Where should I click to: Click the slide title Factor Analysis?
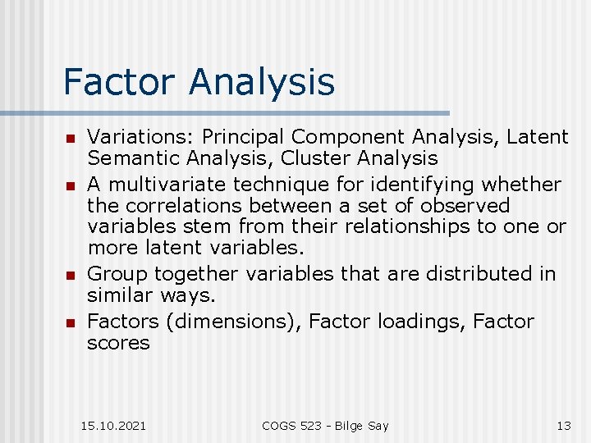[x=199, y=82]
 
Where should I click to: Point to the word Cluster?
[x=312, y=158]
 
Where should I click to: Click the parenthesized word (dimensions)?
[x=234, y=322]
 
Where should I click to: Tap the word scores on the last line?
[x=118, y=343]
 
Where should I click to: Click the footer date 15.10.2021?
[x=114, y=425]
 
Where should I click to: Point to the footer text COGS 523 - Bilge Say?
[x=325, y=425]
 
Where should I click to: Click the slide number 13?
[x=564, y=425]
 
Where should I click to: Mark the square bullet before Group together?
[x=71, y=275]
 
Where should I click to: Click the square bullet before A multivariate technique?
[x=71, y=185]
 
